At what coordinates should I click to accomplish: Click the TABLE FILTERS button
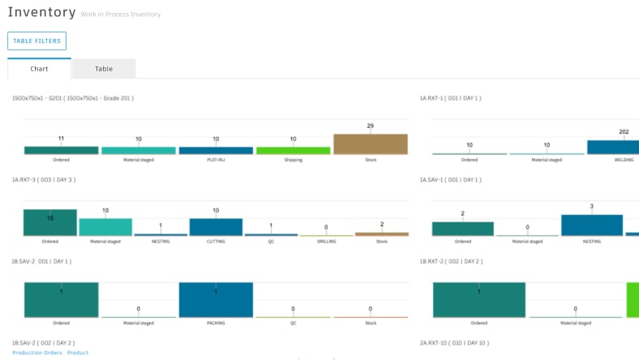pos(36,41)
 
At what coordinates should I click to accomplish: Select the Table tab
pos(104,69)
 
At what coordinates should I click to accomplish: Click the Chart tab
pos(39,69)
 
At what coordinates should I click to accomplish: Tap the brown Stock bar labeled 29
pos(371,144)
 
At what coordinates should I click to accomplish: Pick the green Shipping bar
pos(294,150)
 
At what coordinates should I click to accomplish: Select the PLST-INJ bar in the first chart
pos(216,150)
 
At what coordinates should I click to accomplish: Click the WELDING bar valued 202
pos(612,147)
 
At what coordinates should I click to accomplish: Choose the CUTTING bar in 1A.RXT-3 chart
pos(216,226)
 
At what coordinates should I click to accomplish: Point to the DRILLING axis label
pos(325,241)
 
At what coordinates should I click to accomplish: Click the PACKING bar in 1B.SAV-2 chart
pos(216,299)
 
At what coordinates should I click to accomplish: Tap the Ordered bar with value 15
pos(50,222)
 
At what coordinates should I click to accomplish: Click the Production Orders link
pos(37,353)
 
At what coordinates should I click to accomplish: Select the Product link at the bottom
pos(78,353)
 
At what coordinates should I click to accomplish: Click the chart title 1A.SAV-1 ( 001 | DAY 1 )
pos(451,179)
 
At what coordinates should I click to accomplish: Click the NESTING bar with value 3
pos(592,225)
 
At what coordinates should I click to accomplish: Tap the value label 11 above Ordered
pos(61,139)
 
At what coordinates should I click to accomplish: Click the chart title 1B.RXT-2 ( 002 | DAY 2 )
pos(451,261)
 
